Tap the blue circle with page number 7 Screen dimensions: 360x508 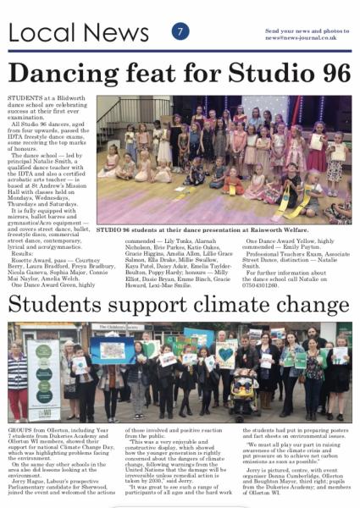click(x=180, y=30)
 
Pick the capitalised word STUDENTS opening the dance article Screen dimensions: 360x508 click(x=25, y=98)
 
